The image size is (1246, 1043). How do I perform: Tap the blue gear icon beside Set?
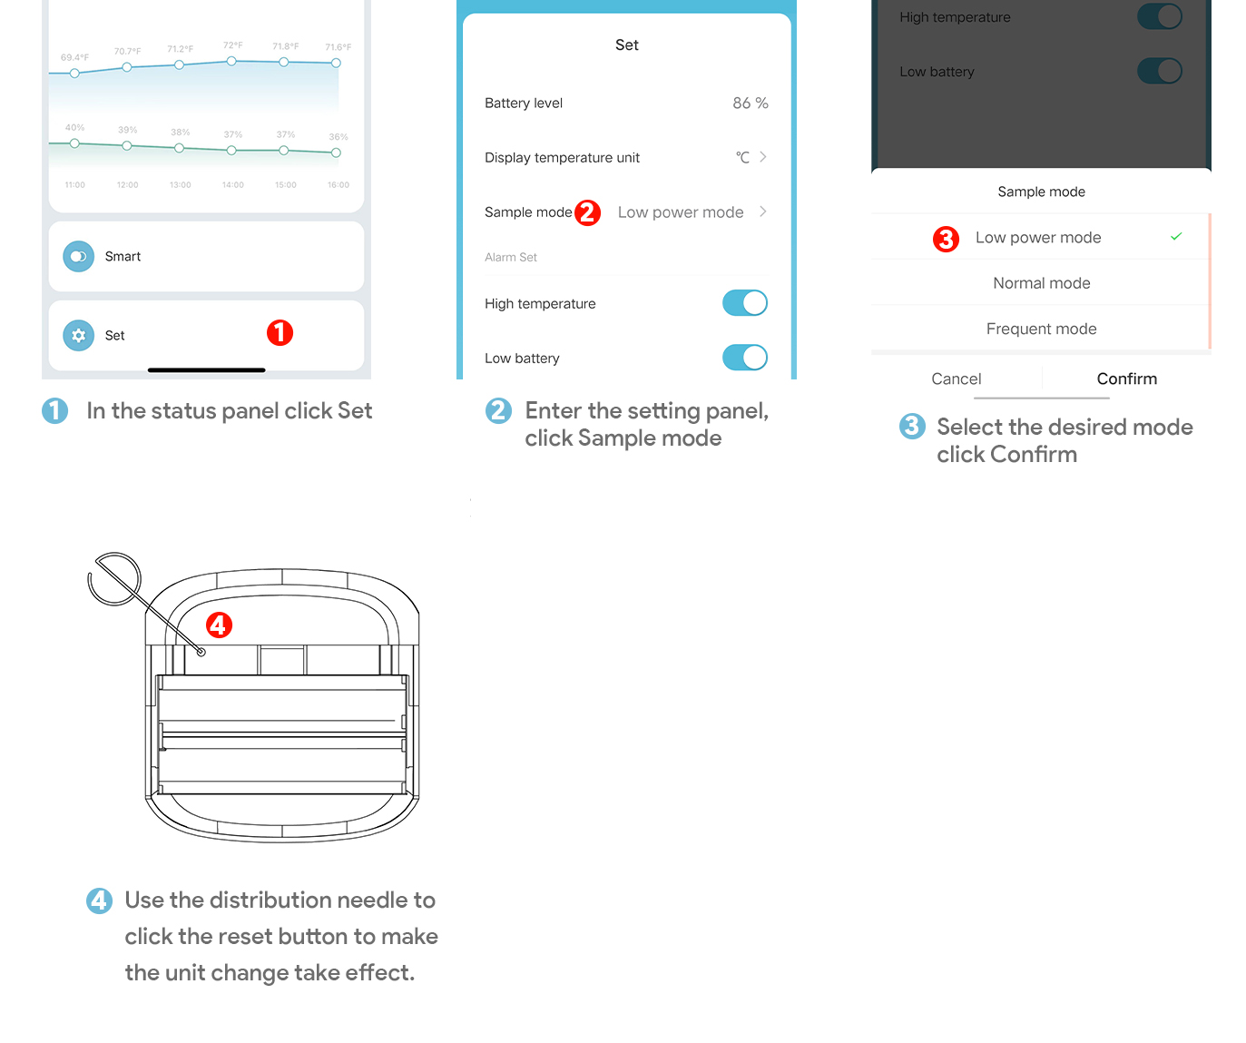[x=78, y=335]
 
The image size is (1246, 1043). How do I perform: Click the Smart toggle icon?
[x=78, y=256]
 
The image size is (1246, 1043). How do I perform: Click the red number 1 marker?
[x=280, y=332]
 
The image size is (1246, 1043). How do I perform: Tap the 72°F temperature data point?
[x=231, y=61]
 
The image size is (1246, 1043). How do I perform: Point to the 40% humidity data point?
[x=74, y=143]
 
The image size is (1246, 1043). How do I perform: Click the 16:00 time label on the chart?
[x=338, y=185]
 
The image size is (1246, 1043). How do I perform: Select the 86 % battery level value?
[x=750, y=103]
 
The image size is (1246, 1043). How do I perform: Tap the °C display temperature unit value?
[x=741, y=157]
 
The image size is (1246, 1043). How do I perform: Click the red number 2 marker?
[x=587, y=212]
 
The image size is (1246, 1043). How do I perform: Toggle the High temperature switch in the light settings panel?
[x=744, y=302]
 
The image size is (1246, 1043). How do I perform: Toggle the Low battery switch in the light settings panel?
[x=744, y=357]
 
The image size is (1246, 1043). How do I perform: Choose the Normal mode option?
[x=1041, y=283]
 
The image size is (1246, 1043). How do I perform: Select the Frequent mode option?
[x=1041, y=329]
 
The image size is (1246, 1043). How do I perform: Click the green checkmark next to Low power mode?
[x=1175, y=236]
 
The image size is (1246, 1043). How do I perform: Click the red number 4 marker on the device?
[x=219, y=625]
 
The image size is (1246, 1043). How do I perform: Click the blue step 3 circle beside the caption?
[x=911, y=427]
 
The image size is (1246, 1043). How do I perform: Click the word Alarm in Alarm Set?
[x=499, y=257]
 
